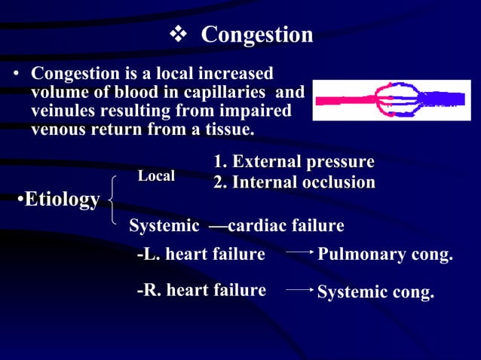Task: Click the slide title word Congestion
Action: tap(257, 35)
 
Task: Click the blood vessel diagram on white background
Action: tap(391, 100)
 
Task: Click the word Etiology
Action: tap(62, 200)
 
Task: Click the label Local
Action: tap(156, 176)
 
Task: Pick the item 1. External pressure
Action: tap(294, 162)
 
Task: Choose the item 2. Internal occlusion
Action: tap(294, 182)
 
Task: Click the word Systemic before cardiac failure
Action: tap(164, 226)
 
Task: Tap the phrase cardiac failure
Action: tap(286, 226)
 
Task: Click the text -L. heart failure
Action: tap(201, 255)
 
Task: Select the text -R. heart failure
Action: tap(201, 290)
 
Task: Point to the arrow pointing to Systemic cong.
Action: tap(299, 289)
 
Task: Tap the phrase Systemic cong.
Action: tap(375, 292)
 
